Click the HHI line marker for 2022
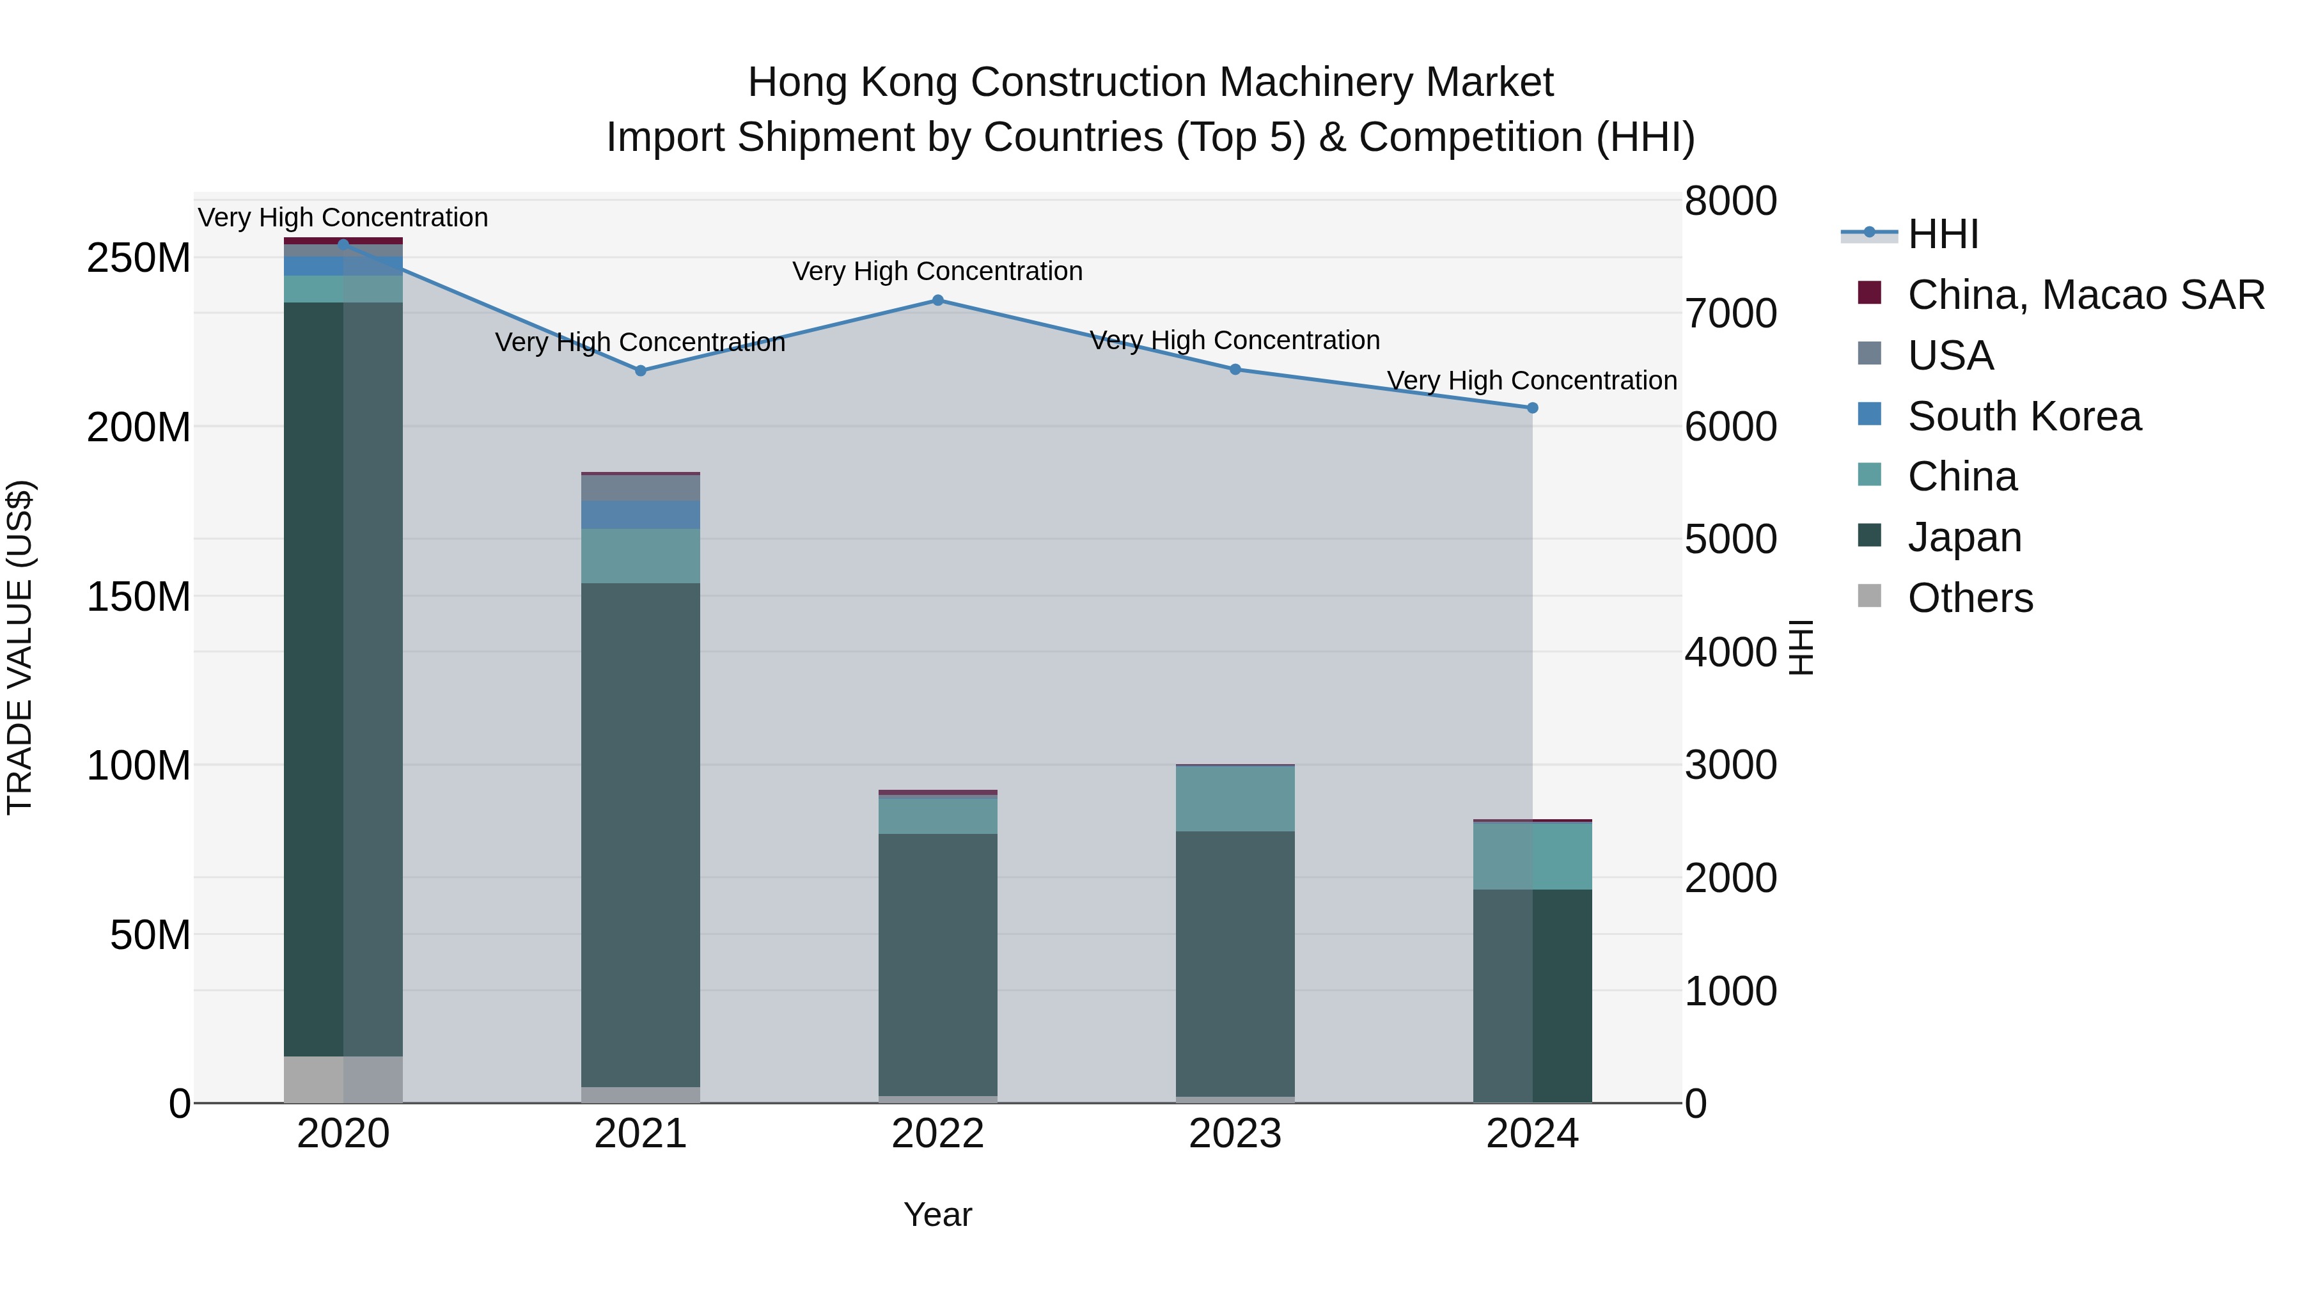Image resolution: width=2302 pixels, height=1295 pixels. pyautogui.click(x=937, y=301)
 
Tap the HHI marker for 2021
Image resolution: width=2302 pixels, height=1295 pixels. pyautogui.click(x=641, y=371)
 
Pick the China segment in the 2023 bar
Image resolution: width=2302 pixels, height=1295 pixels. pyautogui.click(x=1235, y=798)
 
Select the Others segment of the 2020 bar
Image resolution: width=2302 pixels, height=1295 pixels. pyautogui.click(x=343, y=1079)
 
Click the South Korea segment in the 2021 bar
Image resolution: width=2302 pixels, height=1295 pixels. pyautogui.click(x=641, y=515)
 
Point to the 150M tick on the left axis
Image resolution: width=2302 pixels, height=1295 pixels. pyautogui.click(x=139, y=596)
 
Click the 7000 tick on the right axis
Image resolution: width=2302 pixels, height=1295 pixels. pyautogui.click(x=1730, y=314)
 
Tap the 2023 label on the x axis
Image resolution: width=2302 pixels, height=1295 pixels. pyautogui.click(x=1235, y=1134)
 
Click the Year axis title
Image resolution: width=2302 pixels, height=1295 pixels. pyautogui.click(x=937, y=1214)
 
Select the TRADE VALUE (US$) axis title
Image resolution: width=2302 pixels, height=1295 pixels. pyautogui.click(x=20, y=647)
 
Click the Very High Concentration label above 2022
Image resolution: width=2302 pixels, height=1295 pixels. pyautogui.click(x=937, y=271)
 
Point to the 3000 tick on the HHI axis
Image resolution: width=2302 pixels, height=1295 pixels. pyautogui.click(x=1730, y=765)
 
